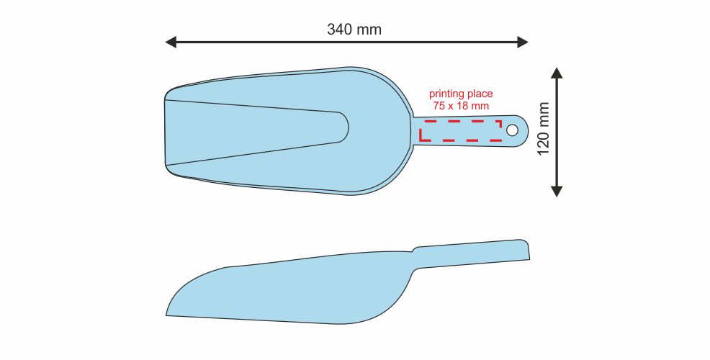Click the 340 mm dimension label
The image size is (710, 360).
(x=354, y=30)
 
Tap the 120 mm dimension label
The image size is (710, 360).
(x=544, y=129)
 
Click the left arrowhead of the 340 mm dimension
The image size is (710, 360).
(x=171, y=42)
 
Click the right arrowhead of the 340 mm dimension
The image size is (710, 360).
(x=523, y=42)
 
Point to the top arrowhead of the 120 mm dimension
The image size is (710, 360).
(x=557, y=73)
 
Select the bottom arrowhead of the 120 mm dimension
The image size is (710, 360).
(x=557, y=191)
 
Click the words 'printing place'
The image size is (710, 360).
(x=461, y=94)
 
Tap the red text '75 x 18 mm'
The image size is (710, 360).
(x=461, y=106)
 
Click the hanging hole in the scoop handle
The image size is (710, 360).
(x=512, y=130)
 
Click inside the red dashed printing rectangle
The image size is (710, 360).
(x=461, y=131)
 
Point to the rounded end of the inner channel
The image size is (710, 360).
(x=345, y=127)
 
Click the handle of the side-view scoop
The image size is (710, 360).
(x=472, y=253)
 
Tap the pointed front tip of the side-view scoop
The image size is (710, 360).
(x=166, y=315)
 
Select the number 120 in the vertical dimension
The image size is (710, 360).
(x=544, y=143)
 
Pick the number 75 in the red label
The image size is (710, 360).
(x=438, y=106)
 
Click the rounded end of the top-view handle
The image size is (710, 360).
(x=525, y=130)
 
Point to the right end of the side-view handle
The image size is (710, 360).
(x=529, y=251)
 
